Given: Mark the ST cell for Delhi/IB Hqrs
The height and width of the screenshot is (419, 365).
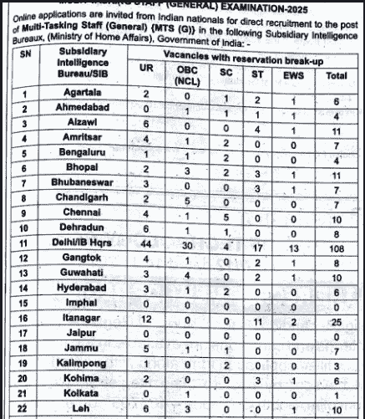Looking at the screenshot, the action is click(x=256, y=248).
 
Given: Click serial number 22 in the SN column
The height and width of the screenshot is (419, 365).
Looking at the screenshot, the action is click(x=25, y=407).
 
